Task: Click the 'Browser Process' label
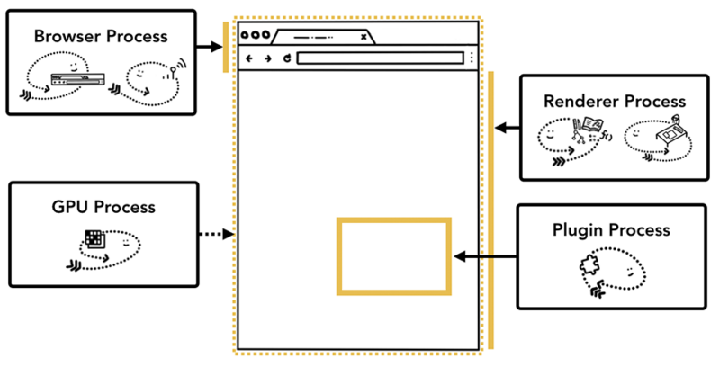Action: [100, 37]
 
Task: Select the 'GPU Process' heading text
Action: [103, 207]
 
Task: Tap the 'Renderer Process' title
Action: [615, 102]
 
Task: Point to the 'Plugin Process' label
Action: [611, 230]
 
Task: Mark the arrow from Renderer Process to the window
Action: [508, 128]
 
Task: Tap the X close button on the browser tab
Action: [364, 37]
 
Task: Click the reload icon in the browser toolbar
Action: [286, 58]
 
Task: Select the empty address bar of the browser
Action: [378, 58]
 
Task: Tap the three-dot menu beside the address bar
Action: [471, 58]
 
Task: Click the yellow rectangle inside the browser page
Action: [393, 255]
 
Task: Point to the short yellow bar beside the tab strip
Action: [226, 47]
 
